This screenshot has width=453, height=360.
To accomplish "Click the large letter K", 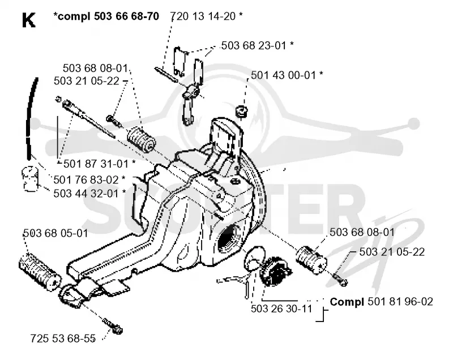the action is (29, 20).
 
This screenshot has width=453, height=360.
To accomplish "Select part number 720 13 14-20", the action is (203, 16).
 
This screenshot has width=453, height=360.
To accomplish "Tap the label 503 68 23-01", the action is (253, 46).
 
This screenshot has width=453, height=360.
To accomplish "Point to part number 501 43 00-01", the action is (283, 75).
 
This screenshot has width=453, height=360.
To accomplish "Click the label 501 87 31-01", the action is (96, 164).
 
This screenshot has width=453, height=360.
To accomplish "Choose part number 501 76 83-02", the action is (86, 180).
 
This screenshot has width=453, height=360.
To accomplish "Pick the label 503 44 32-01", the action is (86, 194).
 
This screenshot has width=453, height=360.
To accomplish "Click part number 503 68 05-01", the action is (55, 233).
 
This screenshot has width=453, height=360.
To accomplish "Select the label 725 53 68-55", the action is (63, 338).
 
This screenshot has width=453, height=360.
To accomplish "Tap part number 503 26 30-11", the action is (281, 309).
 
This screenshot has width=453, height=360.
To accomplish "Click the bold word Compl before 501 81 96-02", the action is (347, 302).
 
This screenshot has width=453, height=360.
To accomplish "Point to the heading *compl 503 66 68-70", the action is (106, 16).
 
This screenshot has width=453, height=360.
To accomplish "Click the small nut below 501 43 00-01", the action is (241, 112).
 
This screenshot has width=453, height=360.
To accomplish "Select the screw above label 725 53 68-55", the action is (112, 325).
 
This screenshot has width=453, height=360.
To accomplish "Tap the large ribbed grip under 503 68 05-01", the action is (40, 271).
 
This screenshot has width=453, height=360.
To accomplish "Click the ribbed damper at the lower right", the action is (311, 260).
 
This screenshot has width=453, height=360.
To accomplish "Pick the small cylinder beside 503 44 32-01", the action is (30, 179).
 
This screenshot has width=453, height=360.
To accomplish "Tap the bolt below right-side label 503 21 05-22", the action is (340, 279).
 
